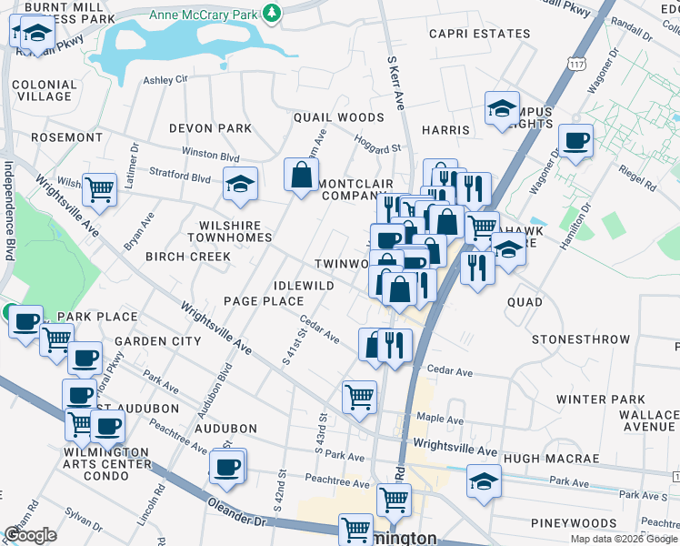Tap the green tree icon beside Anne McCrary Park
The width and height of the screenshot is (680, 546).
coord(271,13)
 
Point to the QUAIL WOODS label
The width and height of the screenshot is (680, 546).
coord(338,117)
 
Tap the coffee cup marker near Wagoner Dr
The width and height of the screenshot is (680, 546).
coord(575,141)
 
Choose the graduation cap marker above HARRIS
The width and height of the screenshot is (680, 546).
coord(501,108)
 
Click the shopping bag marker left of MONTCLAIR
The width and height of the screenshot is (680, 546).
coord(301,175)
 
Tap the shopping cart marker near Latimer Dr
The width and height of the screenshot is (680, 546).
coord(99,189)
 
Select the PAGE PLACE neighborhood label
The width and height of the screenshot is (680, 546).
coord(263,301)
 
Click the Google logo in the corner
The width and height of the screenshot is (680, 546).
coord(30,534)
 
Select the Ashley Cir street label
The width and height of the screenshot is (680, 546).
coord(165,80)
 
